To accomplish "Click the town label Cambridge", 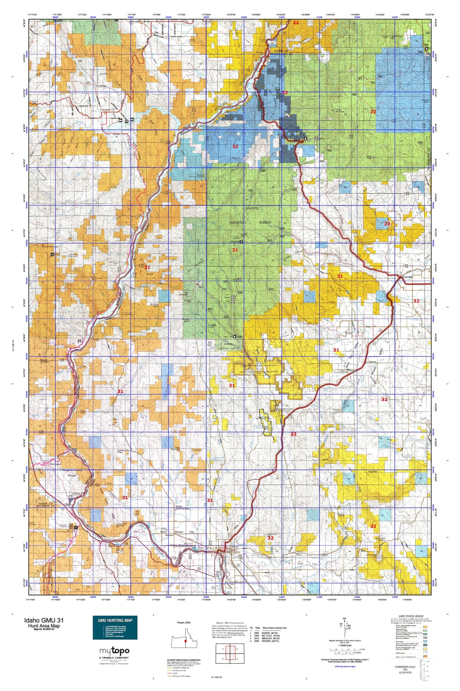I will click(407, 277).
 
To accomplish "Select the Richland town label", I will click(106, 110).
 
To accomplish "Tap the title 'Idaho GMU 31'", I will click(44, 620).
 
